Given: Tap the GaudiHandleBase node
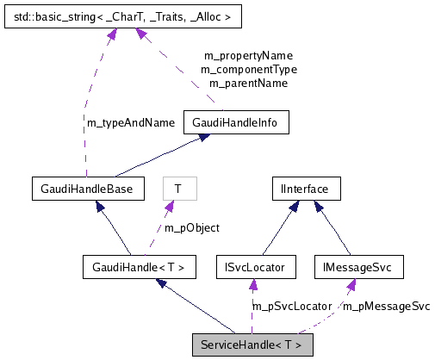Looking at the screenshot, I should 81,188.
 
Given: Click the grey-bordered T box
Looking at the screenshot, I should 179,188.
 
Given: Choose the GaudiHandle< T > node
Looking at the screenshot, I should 138,267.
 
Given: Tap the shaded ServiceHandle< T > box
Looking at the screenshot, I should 252,345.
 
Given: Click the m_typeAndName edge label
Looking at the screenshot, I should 131,123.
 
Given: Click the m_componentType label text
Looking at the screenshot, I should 248,69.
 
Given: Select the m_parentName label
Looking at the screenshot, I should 248,84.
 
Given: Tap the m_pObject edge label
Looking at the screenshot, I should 191,228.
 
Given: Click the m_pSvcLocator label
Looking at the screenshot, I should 291,306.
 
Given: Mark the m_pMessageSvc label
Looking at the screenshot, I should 387,306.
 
